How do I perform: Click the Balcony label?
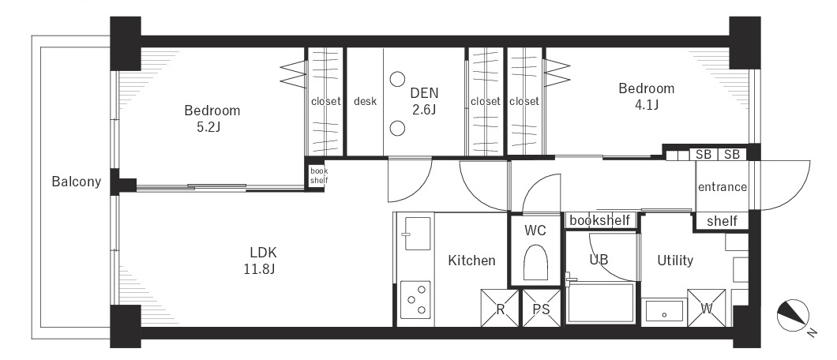(x=77, y=182)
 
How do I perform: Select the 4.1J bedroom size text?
(x=646, y=105)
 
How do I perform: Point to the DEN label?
(x=424, y=93)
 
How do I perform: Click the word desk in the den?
(x=365, y=101)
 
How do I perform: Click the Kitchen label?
(x=471, y=261)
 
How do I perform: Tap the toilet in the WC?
(x=535, y=262)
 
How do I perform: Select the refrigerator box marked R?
(x=500, y=308)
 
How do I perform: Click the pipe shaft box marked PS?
(x=541, y=308)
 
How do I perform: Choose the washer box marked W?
(x=706, y=308)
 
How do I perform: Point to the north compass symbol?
(x=793, y=316)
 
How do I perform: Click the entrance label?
(x=723, y=187)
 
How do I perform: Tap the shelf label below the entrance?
(x=722, y=221)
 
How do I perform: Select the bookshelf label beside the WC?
(x=600, y=220)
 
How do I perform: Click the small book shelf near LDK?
(x=319, y=175)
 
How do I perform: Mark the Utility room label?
(x=675, y=261)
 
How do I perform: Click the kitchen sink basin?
(x=418, y=233)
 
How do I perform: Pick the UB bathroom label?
(x=599, y=260)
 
